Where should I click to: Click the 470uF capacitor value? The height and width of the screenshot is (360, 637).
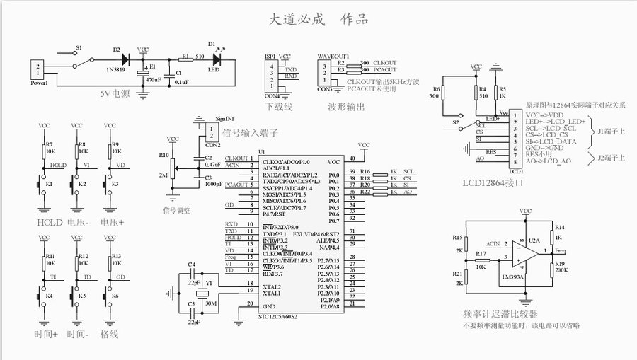[x=153, y=81]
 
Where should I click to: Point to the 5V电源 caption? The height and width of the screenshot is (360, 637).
[x=116, y=93]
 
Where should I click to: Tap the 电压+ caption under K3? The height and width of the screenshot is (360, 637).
[x=111, y=222]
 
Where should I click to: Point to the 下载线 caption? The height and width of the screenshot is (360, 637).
[x=279, y=107]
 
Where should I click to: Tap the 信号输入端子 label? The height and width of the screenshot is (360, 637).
[x=250, y=132]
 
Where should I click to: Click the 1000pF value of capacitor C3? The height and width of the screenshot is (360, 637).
[x=214, y=184]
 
